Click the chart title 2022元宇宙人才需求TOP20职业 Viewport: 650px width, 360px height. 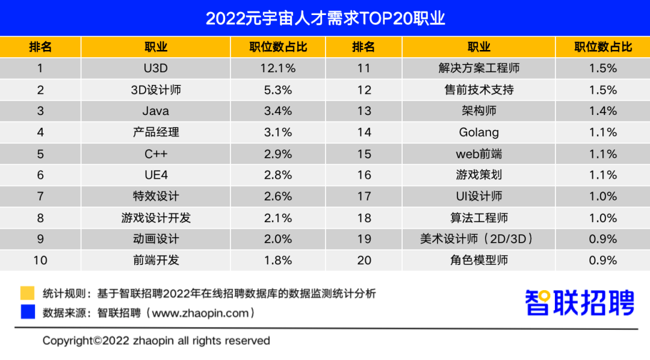(x=325, y=18)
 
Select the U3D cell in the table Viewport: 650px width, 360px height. (x=156, y=68)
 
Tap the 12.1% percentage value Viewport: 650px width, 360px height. (x=278, y=68)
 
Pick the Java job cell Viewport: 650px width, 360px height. (x=156, y=111)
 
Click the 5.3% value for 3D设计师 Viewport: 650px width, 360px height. (x=278, y=90)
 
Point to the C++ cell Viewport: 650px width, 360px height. (x=156, y=154)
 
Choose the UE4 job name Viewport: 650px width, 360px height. (x=156, y=175)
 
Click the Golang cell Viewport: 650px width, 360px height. (x=479, y=132)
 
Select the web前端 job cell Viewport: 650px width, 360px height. (x=479, y=154)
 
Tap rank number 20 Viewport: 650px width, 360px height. (x=364, y=261)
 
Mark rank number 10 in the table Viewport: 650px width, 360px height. (x=40, y=261)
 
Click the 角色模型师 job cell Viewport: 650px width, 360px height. (x=479, y=261)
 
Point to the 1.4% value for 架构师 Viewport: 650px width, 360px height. (x=603, y=111)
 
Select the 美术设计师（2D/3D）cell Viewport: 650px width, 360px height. (x=479, y=239)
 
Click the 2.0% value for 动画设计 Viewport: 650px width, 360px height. (x=278, y=239)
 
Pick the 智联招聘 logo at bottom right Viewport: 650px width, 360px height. (x=580, y=303)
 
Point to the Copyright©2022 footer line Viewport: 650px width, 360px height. (x=156, y=341)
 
